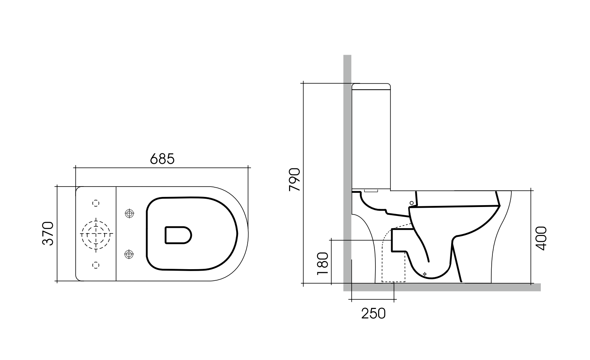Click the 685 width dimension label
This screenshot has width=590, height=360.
pyautogui.click(x=162, y=159)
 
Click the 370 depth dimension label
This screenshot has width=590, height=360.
pyautogui.click(x=48, y=233)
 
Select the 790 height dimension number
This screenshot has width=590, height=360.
pyautogui.click(x=295, y=180)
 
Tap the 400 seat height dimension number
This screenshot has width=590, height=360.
pyautogui.click(x=541, y=238)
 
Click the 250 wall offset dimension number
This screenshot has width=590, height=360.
pyautogui.click(x=373, y=314)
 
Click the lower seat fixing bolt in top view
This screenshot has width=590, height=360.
pyautogui.click(x=129, y=254)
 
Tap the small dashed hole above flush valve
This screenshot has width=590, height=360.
pyautogui.click(x=96, y=203)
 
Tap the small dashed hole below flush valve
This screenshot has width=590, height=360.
pyautogui.click(x=96, y=265)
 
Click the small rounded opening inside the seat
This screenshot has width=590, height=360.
pyautogui.click(x=178, y=235)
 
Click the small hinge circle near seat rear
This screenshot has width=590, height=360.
pyautogui.click(x=412, y=203)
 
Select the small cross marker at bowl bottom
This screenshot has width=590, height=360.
pyautogui.click(x=425, y=274)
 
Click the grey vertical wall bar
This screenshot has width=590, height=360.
pyautogui.click(x=347, y=149)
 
